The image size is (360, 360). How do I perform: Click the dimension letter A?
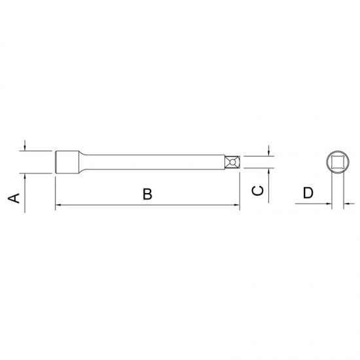pyautogui.click(x=14, y=198)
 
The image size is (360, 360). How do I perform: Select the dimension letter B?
pyautogui.click(x=147, y=194)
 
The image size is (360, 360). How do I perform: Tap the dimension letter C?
pyautogui.click(x=258, y=190)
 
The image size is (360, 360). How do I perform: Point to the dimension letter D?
pyautogui.click(x=308, y=193)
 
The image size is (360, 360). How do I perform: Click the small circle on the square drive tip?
pyautogui.click(x=232, y=162)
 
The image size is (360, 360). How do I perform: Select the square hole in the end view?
pyautogui.click(x=338, y=162)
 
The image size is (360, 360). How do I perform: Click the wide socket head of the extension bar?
pyautogui.click(x=67, y=162)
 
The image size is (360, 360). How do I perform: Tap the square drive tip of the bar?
pyautogui.click(x=232, y=162)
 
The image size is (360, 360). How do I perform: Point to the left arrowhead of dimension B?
pyautogui.click(x=58, y=205)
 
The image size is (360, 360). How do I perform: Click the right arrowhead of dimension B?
pyautogui.click(x=237, y=205)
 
